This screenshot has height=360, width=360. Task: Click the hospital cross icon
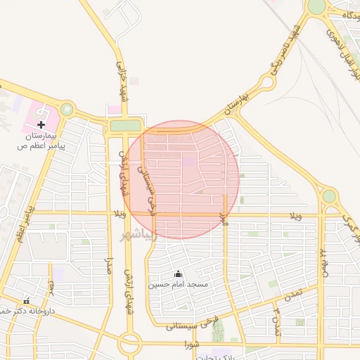(x=41, y=124)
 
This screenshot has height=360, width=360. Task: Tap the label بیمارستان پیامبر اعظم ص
(x=41, y=140)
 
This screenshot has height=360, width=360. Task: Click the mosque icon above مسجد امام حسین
(x=178, y=274)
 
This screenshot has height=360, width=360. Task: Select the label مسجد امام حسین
(x=178, y=285)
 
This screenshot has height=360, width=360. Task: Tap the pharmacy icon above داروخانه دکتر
(x=27, y=301)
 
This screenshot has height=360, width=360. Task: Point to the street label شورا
(x=193, y=345)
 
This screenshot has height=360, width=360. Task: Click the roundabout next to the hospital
(x=67, y=109)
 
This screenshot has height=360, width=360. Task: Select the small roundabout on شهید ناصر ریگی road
(x=266, y=83)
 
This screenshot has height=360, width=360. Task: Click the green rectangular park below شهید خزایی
(x=125, y=126)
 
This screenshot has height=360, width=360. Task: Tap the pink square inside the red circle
(x=190, y=161)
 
